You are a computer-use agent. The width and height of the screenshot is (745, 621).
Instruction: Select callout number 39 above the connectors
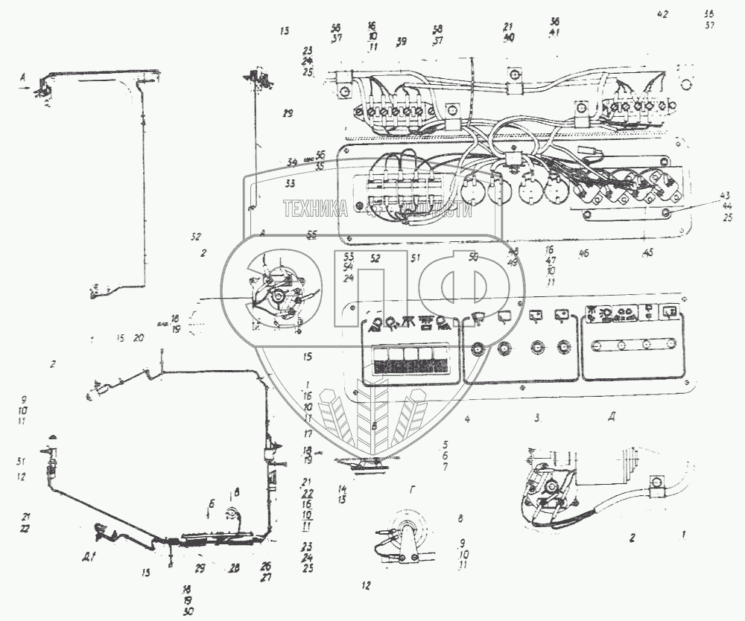[402, 40]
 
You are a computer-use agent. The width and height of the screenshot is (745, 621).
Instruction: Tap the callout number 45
[648, 253]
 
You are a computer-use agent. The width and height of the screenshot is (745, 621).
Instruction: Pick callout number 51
[416, 258]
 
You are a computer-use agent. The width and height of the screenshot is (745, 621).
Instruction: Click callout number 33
[290, 183]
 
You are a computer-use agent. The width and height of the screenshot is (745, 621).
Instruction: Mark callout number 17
[306, 433]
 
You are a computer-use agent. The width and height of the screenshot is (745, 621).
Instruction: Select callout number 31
[21, 461]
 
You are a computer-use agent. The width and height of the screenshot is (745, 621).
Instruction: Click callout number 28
[235, 567]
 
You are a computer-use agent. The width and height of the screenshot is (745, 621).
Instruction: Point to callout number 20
[139, 338]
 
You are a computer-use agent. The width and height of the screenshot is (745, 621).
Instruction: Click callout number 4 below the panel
[467, 420]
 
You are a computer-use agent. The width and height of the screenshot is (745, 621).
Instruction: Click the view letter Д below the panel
[611, 418]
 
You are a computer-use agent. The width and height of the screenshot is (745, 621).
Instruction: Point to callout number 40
[509, 38]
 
